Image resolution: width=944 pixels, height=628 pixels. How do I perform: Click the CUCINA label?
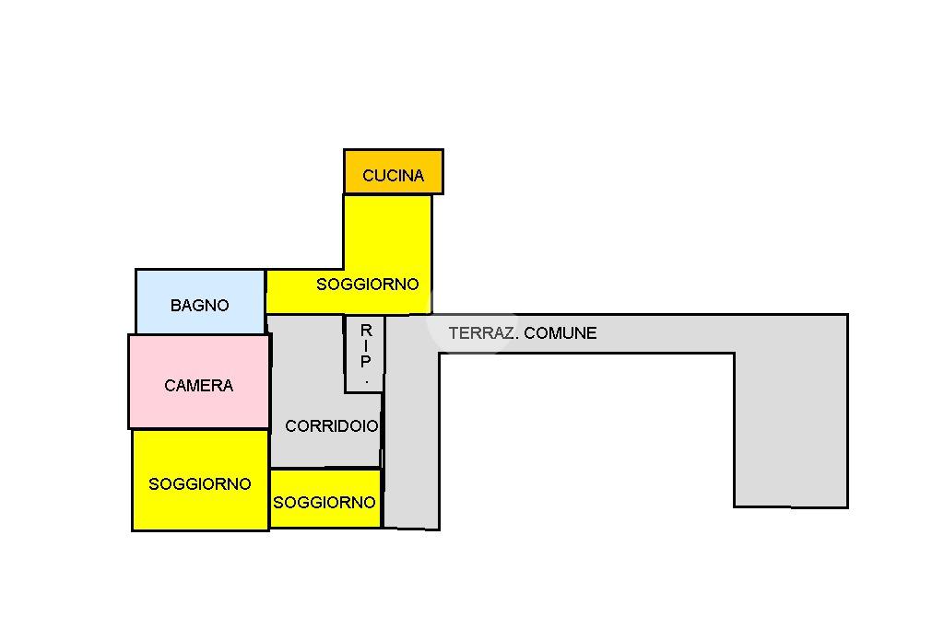tap(393, 176)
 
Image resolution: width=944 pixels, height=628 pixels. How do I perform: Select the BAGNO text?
tap(199, 306)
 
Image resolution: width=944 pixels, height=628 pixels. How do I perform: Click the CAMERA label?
tap(199, 386)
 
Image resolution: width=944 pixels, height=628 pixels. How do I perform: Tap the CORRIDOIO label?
tap(331, 426)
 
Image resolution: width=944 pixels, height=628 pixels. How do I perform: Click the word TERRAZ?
tap(482, 333)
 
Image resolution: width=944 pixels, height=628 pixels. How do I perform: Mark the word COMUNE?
tap(560, 333)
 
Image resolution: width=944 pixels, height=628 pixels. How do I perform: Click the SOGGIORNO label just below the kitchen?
tap(367, 285)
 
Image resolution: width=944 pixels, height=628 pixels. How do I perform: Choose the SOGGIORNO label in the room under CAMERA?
tap(199, 484)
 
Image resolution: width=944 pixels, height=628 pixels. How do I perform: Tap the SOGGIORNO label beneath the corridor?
tap(324, 503)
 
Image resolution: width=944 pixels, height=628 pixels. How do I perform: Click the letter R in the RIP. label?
tap(366, 331)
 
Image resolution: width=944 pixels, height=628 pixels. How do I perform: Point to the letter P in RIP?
tap(366, 362)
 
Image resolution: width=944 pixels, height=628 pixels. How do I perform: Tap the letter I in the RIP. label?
tap(366, 346)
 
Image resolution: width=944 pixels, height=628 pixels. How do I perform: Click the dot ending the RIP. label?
tap(366, 379)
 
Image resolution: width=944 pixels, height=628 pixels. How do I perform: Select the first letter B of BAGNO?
tap(176, 306)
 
